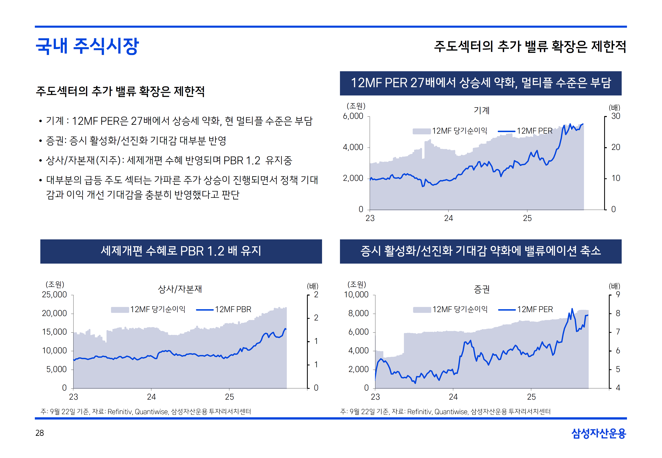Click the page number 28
(x=40, y=433)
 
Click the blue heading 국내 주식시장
(x=87, y=46)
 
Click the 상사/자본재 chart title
(x=180, y=289)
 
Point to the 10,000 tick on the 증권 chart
(x=356, y=295)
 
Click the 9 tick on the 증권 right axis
(x=618, y=295)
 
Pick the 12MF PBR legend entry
(x=233, y=309)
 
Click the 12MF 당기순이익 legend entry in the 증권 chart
(x=460, y=309)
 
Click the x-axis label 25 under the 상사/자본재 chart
(x=229, y=397)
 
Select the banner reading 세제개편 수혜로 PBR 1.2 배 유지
(x=181, y=251)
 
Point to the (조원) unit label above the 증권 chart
(x=356, y=284)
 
